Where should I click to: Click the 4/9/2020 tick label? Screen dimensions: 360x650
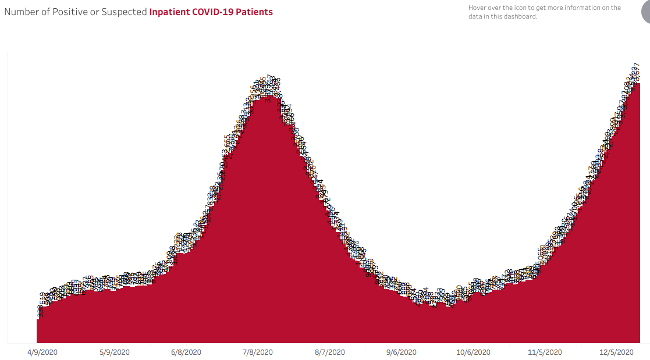click(42, 352)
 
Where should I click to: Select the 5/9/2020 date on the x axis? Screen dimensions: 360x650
click(115, 352)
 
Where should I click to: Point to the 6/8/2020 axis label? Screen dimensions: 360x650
click(186, 352)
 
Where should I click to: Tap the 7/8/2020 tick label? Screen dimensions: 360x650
click(258, 352)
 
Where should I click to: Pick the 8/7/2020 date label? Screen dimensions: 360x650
click(330, 352)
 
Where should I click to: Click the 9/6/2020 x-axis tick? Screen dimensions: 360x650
click(402, 352)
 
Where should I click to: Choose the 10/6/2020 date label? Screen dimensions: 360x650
click(473, 352)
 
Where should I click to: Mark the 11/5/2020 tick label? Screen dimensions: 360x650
click(545, 352)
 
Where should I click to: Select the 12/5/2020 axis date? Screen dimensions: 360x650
click(617, 352)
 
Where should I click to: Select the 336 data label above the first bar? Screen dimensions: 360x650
click(40, 312)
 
